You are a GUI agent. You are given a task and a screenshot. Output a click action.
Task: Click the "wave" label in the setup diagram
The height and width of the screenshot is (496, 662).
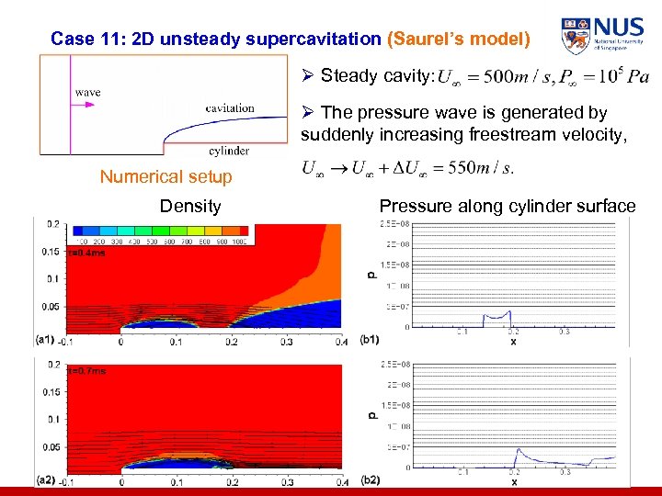(x=87, y=92)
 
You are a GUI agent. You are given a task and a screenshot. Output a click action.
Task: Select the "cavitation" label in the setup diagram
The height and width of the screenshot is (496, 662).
(x=230, y=107)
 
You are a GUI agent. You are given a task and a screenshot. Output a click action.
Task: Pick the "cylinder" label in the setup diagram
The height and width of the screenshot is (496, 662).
(x=228, y=151)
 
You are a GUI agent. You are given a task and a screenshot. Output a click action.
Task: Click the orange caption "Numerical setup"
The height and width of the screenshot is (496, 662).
(x=166, y=176)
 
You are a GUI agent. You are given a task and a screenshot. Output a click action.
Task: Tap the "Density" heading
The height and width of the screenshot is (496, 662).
(x=190, y=206)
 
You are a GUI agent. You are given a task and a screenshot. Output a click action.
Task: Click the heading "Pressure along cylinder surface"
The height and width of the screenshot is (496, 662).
(x=508, y=206)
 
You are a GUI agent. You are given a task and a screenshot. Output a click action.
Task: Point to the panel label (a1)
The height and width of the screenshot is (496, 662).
(x=46, y=339)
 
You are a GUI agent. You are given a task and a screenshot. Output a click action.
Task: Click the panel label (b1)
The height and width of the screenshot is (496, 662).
(x=371, y=340)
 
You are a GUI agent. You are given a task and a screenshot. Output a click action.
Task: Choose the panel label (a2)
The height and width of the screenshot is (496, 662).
(x=46, y=479)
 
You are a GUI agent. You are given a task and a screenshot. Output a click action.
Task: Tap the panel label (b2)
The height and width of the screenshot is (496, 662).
(x=371, y=479)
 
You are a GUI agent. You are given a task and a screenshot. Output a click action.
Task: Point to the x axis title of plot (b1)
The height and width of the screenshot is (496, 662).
(x=513, y=342)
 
